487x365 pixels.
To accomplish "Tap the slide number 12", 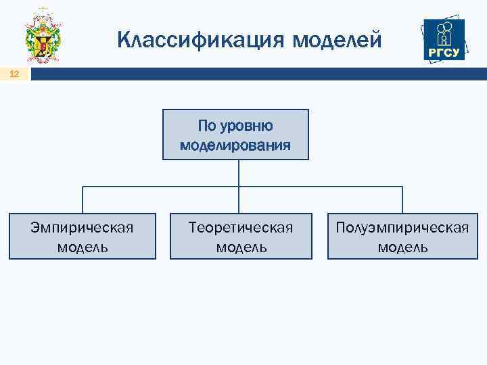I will (14, 74).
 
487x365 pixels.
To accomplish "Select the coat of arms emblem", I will (43, 36).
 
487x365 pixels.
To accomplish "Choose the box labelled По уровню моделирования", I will (235, 135).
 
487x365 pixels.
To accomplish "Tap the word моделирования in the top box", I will (235, 145).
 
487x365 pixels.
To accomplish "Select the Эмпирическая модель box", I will (82, 236).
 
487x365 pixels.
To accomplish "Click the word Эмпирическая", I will (82, 227).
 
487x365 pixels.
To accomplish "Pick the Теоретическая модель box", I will (241, 236).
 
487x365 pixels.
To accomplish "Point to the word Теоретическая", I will (241, 227).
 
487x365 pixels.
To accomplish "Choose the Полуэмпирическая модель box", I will (402, 236).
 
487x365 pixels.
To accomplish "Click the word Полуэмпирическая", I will (402, 227).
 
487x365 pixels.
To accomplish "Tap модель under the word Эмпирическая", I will (82, 247).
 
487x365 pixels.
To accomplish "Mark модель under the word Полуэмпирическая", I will (402, 247).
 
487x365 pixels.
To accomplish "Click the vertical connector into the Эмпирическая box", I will (83, 200).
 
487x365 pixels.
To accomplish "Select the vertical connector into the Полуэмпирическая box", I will (402, 200).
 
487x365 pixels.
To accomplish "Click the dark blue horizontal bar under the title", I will (257, 74).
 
